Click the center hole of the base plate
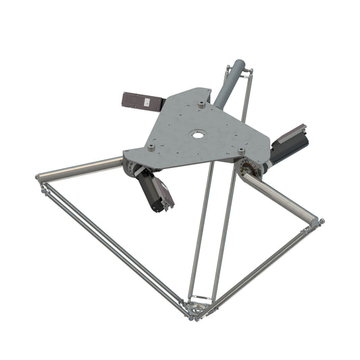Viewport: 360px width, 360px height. (x=197, y=134)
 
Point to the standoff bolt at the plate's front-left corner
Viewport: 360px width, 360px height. (x=151, y=146)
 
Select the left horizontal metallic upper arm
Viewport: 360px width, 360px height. (x=81, y=170)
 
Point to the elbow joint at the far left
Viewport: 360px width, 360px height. (x=41, y=179)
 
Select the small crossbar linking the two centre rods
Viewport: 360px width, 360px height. (x=200, y=297)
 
